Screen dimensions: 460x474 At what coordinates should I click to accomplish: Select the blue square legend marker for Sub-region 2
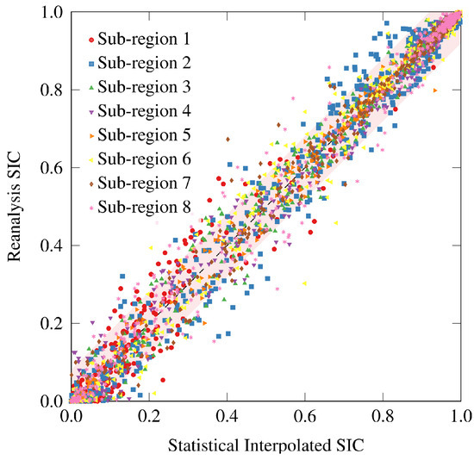tap(90, 63)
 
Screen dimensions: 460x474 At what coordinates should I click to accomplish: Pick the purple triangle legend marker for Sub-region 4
tap(90, 111)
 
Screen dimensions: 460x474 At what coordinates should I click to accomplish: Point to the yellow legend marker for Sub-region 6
tap(90, 159)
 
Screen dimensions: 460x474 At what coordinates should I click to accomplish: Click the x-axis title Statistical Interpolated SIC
tap(266, 446)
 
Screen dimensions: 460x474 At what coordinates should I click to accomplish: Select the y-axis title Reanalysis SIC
tap(15, 207)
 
